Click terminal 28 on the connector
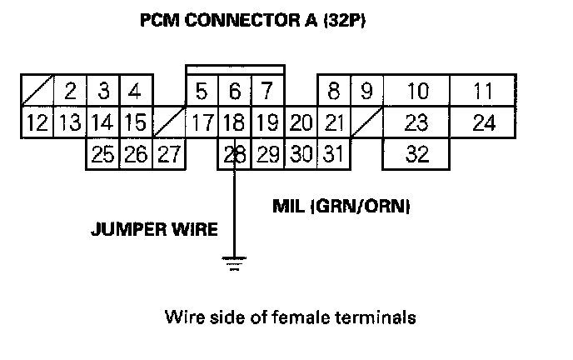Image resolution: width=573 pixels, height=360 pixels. pyautogui.click(x=236, y=154)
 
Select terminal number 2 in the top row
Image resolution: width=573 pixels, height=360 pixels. pyautogui.click(x=71, y=91)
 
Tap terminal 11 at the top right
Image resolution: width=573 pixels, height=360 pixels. pyautogui.click(x=482, y=91)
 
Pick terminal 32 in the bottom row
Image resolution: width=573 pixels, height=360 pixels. pyautogui.click(x=416, y=154)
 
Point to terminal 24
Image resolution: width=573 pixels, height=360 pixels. pyautogui.click(x=482, y=123)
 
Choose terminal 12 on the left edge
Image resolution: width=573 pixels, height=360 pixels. pyautogui.click(x=37, y=123)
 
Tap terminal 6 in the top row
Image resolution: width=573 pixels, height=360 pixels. pyautogui.click(x=235, y=91)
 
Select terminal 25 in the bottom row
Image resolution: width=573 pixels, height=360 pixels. pyautogui.click(x=103, y=154)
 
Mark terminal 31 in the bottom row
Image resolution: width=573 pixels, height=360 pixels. pyautogui.click(x=333, y=154)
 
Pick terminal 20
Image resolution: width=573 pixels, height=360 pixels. pyautogui.click(x=301, y=123)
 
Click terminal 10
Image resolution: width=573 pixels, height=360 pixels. pyautogui.click(x=416, y=91)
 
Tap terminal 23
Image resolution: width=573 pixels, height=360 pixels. pyautogui.click(x=416, y=123)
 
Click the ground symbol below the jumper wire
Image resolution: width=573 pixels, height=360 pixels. pyautogui.click(x=235, y=265)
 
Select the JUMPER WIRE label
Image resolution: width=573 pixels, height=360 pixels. pyautogui.click(x=154, y=227)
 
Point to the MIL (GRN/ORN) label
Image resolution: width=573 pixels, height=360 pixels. pyautogui.click(x=341, y=204)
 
